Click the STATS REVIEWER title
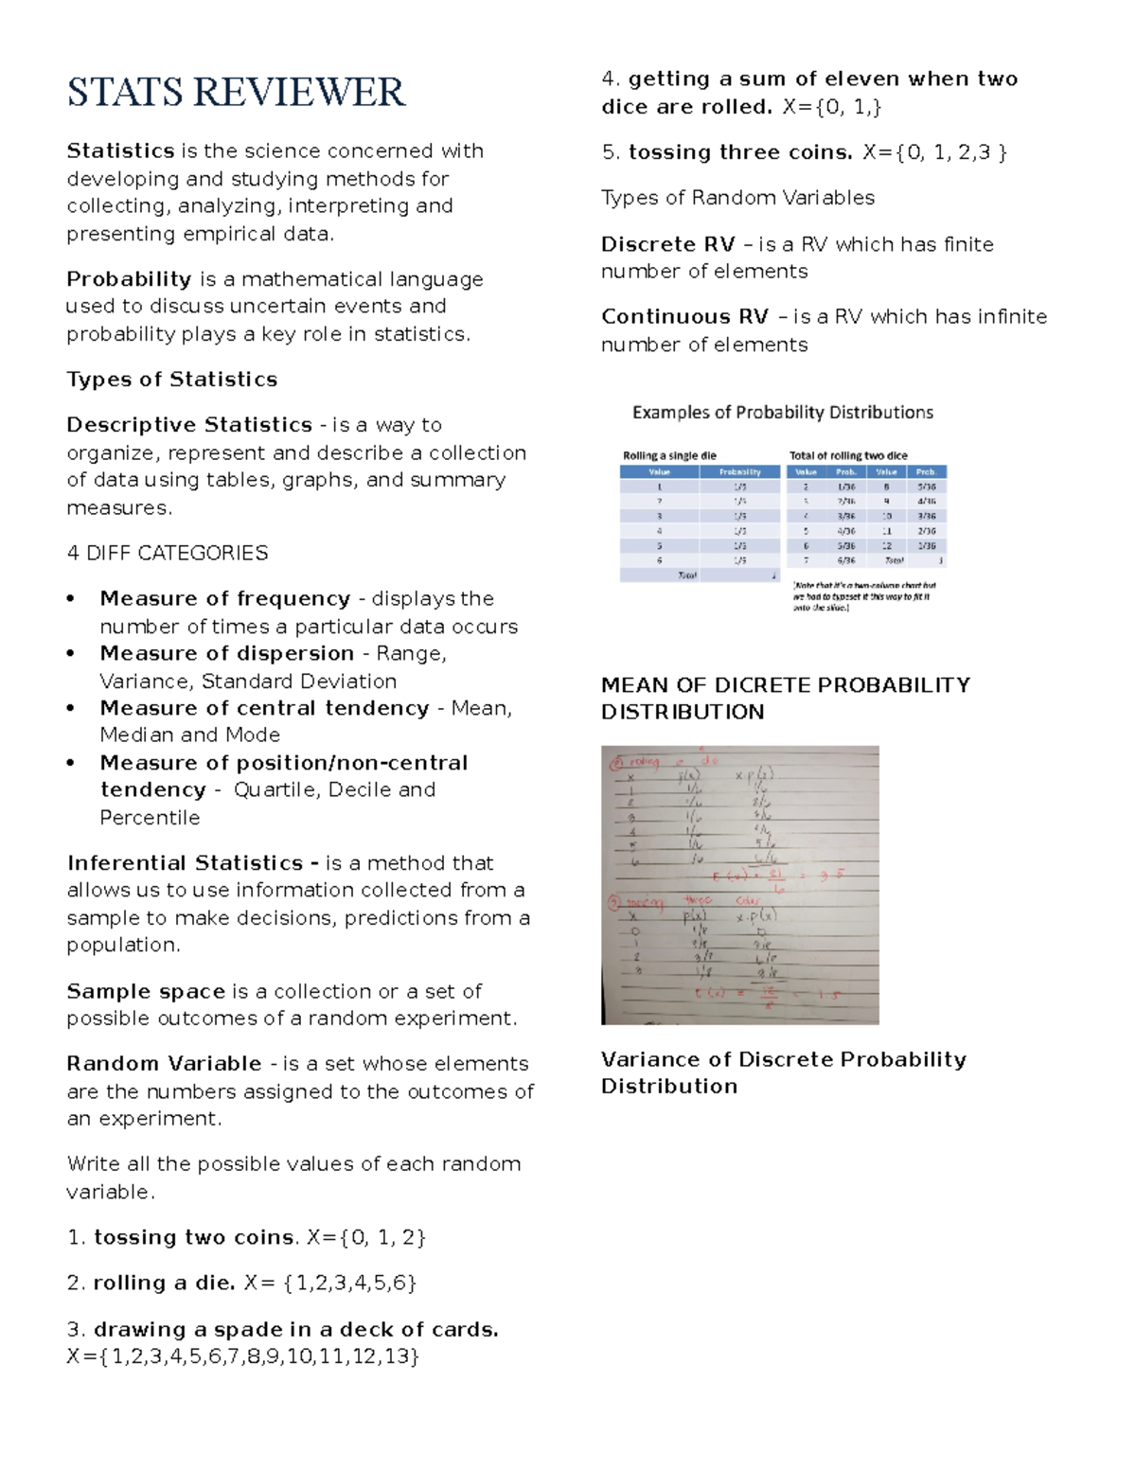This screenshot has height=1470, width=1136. (236, 93)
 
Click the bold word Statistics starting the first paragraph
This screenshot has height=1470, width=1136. (120, 151)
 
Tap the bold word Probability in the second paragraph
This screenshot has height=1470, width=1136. (129, 279)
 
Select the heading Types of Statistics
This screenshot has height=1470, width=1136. (171, 380)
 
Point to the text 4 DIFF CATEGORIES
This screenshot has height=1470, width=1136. (167, 553)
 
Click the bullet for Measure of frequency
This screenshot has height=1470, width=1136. (71, 599)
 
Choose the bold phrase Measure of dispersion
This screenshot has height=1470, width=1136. (226, 654)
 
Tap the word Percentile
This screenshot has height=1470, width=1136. (150, 818)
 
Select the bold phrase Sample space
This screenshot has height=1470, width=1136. (145, 992)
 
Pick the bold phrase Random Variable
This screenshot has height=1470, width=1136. (164, 1064)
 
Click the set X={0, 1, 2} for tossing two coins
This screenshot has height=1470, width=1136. (366, 1238)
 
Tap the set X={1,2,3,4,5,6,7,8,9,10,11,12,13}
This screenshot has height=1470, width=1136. (243, 1357)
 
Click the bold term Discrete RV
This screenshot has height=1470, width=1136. (667, 245)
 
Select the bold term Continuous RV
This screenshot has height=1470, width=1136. (684, 317)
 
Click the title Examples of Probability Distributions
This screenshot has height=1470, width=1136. (782, 413)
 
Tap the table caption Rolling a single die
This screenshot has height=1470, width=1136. (669, 455)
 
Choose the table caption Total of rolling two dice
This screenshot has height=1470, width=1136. (848, 455)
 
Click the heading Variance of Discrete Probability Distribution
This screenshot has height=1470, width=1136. (783, 1072)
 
